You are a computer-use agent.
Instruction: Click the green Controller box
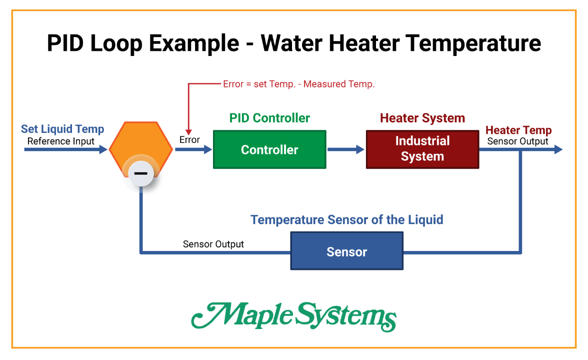click(269, 149)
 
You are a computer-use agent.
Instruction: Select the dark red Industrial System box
click(422, 149)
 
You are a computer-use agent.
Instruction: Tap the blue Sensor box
click(346, 251)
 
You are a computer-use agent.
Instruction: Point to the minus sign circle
click(141, 173)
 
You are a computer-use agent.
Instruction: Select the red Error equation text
click(298, 84)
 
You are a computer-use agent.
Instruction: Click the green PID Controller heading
click(269, 118)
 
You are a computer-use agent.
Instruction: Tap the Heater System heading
click(422, 118)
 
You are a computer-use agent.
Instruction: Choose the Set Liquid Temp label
click(62, 129)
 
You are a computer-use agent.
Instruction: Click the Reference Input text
click(60, 141)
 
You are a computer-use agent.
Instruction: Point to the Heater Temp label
click(518, 130)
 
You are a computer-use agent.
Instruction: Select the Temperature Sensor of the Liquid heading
click(346, 219)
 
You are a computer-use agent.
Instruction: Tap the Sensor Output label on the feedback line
click(213, 244)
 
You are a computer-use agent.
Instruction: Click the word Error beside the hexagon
click(189, 140)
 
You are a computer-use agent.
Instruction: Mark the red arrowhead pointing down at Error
click(188, 129)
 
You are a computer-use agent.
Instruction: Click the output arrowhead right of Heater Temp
click(558, 149)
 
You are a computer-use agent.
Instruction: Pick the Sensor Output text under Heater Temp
click(517, 141)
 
